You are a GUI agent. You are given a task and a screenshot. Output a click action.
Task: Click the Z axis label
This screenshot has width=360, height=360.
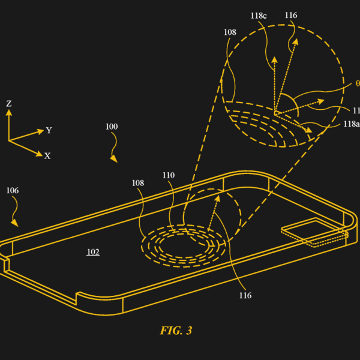point(9,104)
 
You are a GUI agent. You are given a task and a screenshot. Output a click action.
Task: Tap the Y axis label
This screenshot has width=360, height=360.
point(49,130)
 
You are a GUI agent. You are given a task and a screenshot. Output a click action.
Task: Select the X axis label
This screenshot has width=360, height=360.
point(47,156)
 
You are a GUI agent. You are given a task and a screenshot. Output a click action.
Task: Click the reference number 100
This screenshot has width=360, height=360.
point(112,127)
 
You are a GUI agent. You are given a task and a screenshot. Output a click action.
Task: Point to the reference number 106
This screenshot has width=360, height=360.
point(13,190)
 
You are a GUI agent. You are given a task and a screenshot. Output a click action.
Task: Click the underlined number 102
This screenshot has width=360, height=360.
point(93,252)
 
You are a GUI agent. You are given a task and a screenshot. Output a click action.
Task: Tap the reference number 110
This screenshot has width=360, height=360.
point(169,175)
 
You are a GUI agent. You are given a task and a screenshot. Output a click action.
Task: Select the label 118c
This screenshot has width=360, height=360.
point(259,16)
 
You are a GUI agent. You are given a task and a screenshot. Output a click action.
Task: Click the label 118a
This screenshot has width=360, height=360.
point(352,124)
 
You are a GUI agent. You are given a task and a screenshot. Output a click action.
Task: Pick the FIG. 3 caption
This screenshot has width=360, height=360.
point(176,331)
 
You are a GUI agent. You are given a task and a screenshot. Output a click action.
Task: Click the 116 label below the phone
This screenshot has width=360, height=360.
point(245,295)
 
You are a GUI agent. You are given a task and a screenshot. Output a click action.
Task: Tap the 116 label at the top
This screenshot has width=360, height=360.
point(291,16)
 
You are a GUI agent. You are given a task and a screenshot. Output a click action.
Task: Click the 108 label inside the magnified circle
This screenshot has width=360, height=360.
point(230,32)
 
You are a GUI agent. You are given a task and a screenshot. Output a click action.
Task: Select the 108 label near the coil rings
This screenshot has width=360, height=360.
point(138,183)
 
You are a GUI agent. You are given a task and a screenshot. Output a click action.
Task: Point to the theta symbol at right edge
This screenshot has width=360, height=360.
point(358,83)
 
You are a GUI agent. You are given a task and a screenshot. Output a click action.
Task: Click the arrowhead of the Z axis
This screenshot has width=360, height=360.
point(9,112)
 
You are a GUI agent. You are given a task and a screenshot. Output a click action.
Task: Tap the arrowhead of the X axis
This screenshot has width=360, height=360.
point(40,154)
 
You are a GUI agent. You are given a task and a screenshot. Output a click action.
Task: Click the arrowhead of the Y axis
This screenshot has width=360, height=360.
point(41,131)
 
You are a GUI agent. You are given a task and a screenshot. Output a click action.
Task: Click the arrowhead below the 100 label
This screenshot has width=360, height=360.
point(114,159)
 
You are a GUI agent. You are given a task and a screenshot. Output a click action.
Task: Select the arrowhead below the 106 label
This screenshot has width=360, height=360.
point(14,223)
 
